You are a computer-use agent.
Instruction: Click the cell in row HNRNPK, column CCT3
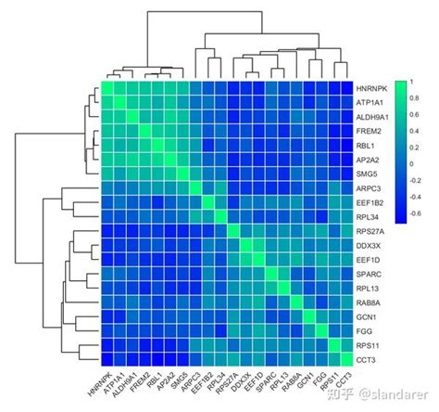coord(346,88)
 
